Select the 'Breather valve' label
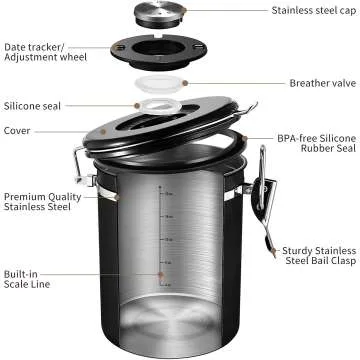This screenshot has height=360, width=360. tap(323, 84)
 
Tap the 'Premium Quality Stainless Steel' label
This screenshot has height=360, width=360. tap(42, 204)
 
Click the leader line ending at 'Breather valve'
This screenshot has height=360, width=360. tap(240, 83)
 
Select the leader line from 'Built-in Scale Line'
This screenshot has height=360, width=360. tap(110, 272)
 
